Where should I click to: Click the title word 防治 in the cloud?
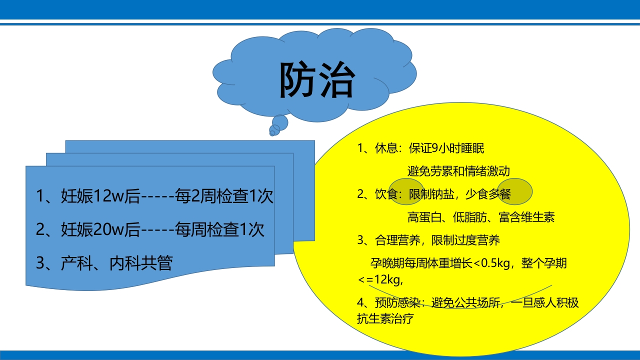pos(316,80)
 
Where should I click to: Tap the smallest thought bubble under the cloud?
pos(272,133)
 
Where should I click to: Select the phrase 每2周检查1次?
pos(224,196)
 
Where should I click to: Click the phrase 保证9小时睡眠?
pos(446,148)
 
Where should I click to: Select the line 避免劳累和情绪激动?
pos(458,171)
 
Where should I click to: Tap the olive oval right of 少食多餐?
pos(514,191)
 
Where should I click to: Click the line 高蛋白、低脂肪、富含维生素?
pos(481,217)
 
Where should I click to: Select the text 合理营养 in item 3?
pos(393,240)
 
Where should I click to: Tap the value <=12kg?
pos(380,279)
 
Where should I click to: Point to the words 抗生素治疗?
pos(385,318)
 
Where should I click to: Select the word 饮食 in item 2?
pos(385,194)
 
